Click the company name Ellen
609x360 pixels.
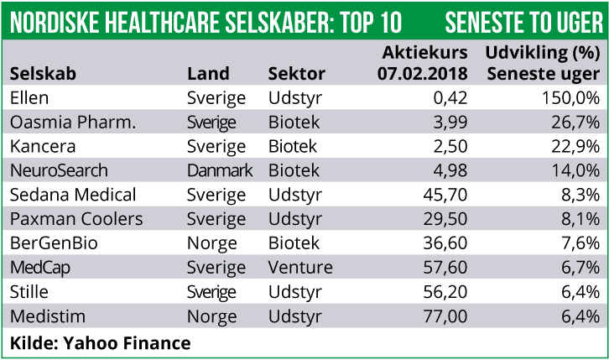(29, 98)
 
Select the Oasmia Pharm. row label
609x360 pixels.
(72, 123)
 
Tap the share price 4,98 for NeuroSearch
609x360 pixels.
(447, 171)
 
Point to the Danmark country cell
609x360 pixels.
(219, 171)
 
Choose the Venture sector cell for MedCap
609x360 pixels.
(299, 269)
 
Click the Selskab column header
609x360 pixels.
(43, 74)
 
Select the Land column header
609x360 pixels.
(207, 74)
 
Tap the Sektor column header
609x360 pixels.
(295, 74)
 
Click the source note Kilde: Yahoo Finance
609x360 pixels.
(100, 342)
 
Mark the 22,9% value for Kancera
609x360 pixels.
(574, 147)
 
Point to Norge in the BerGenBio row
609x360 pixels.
(211, 244)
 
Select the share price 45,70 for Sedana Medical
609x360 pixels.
(443, 196)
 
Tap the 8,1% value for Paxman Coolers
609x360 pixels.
(579, 220)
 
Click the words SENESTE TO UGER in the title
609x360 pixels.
(523, 20)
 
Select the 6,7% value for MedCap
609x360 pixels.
(579, 269)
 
